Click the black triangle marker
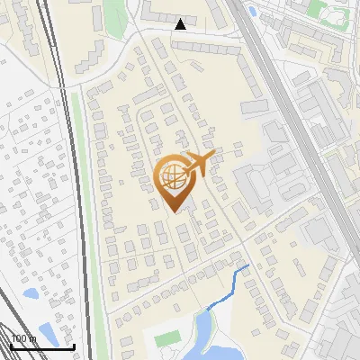[181, 24]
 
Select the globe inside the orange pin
[171, 177]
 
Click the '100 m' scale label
[22, 338]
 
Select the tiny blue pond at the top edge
[252, 11]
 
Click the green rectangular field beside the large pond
[167, 340]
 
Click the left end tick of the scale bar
[11, 346]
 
